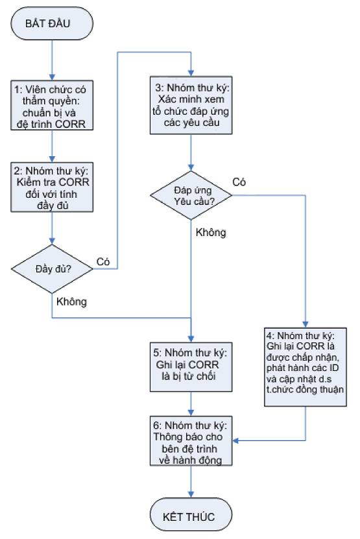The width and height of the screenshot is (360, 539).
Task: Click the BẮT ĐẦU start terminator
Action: tap(52, 23)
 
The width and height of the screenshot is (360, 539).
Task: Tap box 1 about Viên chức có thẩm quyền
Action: tap(52, 105)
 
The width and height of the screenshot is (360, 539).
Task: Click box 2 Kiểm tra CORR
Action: tap(52, 187)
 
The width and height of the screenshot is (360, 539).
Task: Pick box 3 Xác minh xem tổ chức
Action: tap(191, 105)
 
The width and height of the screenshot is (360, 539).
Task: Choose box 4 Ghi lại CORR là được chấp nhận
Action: tap(306, 367)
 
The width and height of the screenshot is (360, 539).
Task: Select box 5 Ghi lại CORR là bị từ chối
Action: tap(191, 366)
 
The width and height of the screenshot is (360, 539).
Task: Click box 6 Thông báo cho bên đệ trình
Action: tap(191, 441)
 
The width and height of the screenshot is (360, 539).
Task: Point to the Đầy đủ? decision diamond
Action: tap(52, 269)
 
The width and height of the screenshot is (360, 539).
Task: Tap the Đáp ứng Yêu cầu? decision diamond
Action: tap(191, 195)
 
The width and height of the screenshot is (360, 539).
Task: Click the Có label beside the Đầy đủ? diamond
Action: tap(103, 262)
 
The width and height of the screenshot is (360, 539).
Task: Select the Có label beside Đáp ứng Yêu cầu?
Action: tap(239, 182)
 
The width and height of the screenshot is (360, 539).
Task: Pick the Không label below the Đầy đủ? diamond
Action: tap(71, 302)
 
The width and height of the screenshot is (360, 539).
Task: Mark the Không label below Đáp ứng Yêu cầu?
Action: tap(211, 233)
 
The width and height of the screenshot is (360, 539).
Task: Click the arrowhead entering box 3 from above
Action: tap(191, 73)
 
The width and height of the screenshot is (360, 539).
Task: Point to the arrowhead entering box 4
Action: tap(306, 325)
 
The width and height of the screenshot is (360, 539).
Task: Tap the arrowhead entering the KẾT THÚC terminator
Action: tap(191, 495)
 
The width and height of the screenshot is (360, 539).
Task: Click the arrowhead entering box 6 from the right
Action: tap(235, 440)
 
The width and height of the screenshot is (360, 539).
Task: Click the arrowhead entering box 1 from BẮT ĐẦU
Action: tap(52, 77)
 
